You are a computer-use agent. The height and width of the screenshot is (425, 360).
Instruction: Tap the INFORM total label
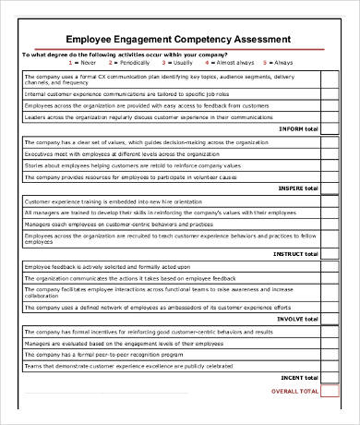tap(297, 129)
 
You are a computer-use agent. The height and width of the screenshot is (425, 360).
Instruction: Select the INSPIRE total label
tap(296, 188)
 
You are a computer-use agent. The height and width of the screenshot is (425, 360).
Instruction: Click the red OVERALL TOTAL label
tap(294, 391)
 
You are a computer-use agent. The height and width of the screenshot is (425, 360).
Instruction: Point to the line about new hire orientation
tap(110, 201)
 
